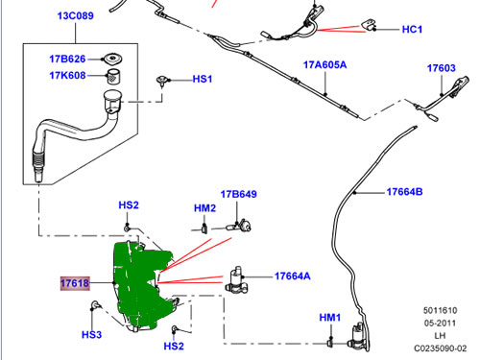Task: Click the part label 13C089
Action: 76,15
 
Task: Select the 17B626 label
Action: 67,59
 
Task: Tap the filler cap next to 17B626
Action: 111,60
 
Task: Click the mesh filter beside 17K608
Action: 113,76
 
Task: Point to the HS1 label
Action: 203,79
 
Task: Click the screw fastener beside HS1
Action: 162,81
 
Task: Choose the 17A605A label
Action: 324,65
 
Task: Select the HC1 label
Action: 412,30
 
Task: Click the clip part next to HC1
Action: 369,25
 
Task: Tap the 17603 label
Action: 442,68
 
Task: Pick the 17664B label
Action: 404,192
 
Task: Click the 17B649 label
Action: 239,194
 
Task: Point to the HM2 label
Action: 204,208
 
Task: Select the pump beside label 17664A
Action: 236,279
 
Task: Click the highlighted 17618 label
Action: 75,283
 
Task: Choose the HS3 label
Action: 91,335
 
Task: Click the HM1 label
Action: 330,318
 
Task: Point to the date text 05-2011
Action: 441,323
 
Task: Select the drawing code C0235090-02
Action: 441,348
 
